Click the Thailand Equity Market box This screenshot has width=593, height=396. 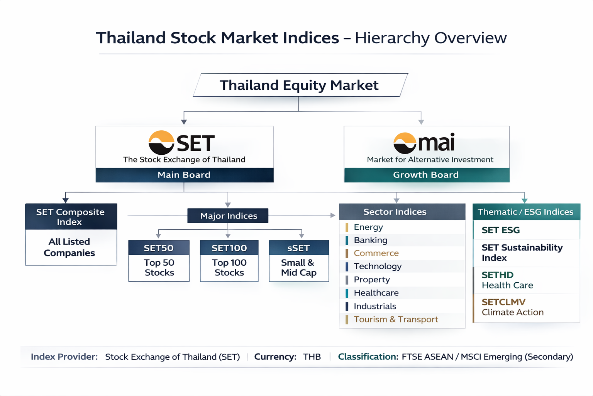[300, 85]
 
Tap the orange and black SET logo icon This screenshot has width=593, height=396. [161, 142]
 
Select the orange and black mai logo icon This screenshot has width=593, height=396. [405, 143]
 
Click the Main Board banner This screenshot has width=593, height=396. [185, 175]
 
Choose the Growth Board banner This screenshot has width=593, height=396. [427, 175]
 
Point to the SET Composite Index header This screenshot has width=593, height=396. [71, 217]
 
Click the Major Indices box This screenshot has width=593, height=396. [228, 216]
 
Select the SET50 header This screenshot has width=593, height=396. [159, 248]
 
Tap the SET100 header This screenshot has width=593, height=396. [229, 248]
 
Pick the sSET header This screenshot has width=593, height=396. [299, 248]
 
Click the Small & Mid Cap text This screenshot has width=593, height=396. [298, 268]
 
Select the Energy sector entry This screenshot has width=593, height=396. [368, 227]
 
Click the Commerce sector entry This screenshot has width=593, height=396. [376, 253]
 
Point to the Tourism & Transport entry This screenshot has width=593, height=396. [396, 319]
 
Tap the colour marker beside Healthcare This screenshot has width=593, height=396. [347, 293]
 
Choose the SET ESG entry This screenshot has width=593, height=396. [501, 230]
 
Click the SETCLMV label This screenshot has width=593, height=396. [503, 302]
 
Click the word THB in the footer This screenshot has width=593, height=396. [312, 357]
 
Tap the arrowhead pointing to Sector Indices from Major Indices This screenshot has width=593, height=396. [333, 215]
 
